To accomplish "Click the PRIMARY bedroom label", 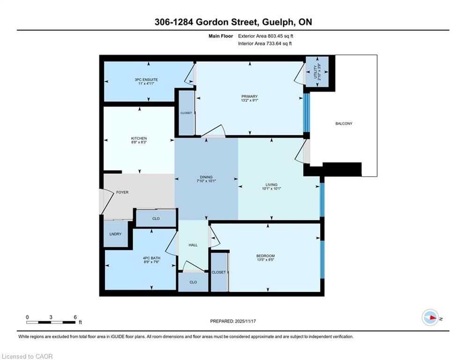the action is pyautogui.click(x=249, y=97).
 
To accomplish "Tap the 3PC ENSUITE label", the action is pyautogui.click(x=146, y=80).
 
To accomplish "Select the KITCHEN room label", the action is pyautogui.click(x=139, y=138).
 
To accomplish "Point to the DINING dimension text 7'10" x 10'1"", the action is pyautogui.click(x=206, y=181).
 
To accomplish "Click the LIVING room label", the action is pyautogui.click(x=271, y=185).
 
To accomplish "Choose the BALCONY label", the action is pyautogui.click(x=344, y=123).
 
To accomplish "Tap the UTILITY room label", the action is pyautogui.click(x=315, y=72).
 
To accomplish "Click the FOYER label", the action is pyautogui.click(x=122, y=193).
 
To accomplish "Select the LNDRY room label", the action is pyautogui.click(x=115, y=234).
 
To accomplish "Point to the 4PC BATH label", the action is pyautogui.click(x=152, y=258).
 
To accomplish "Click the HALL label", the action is pyautogui.click(x=193, y=245).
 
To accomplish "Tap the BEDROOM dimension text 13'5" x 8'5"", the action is pyautogui.click(x=266, y=260).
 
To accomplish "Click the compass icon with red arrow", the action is pyautogui.click(x=430, y=318).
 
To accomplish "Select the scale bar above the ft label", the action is pyautogui.click(x=51, y=322).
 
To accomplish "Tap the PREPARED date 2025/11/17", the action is pyautogui.click(x=245, y=321).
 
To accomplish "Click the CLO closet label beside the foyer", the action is pyautogui.click(x=156, y=219).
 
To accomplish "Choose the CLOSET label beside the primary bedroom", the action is pyautogui.click(x=186, y=113).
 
